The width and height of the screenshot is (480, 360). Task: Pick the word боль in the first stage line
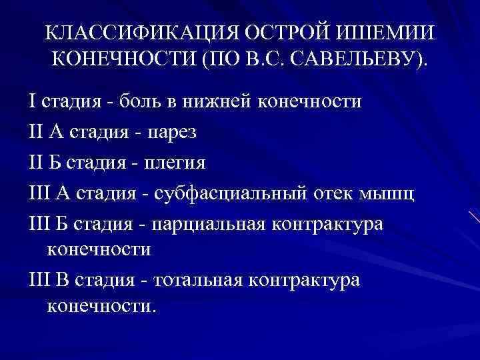[x=139, y=102]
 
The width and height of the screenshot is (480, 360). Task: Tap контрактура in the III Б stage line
[x=338, y=223]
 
